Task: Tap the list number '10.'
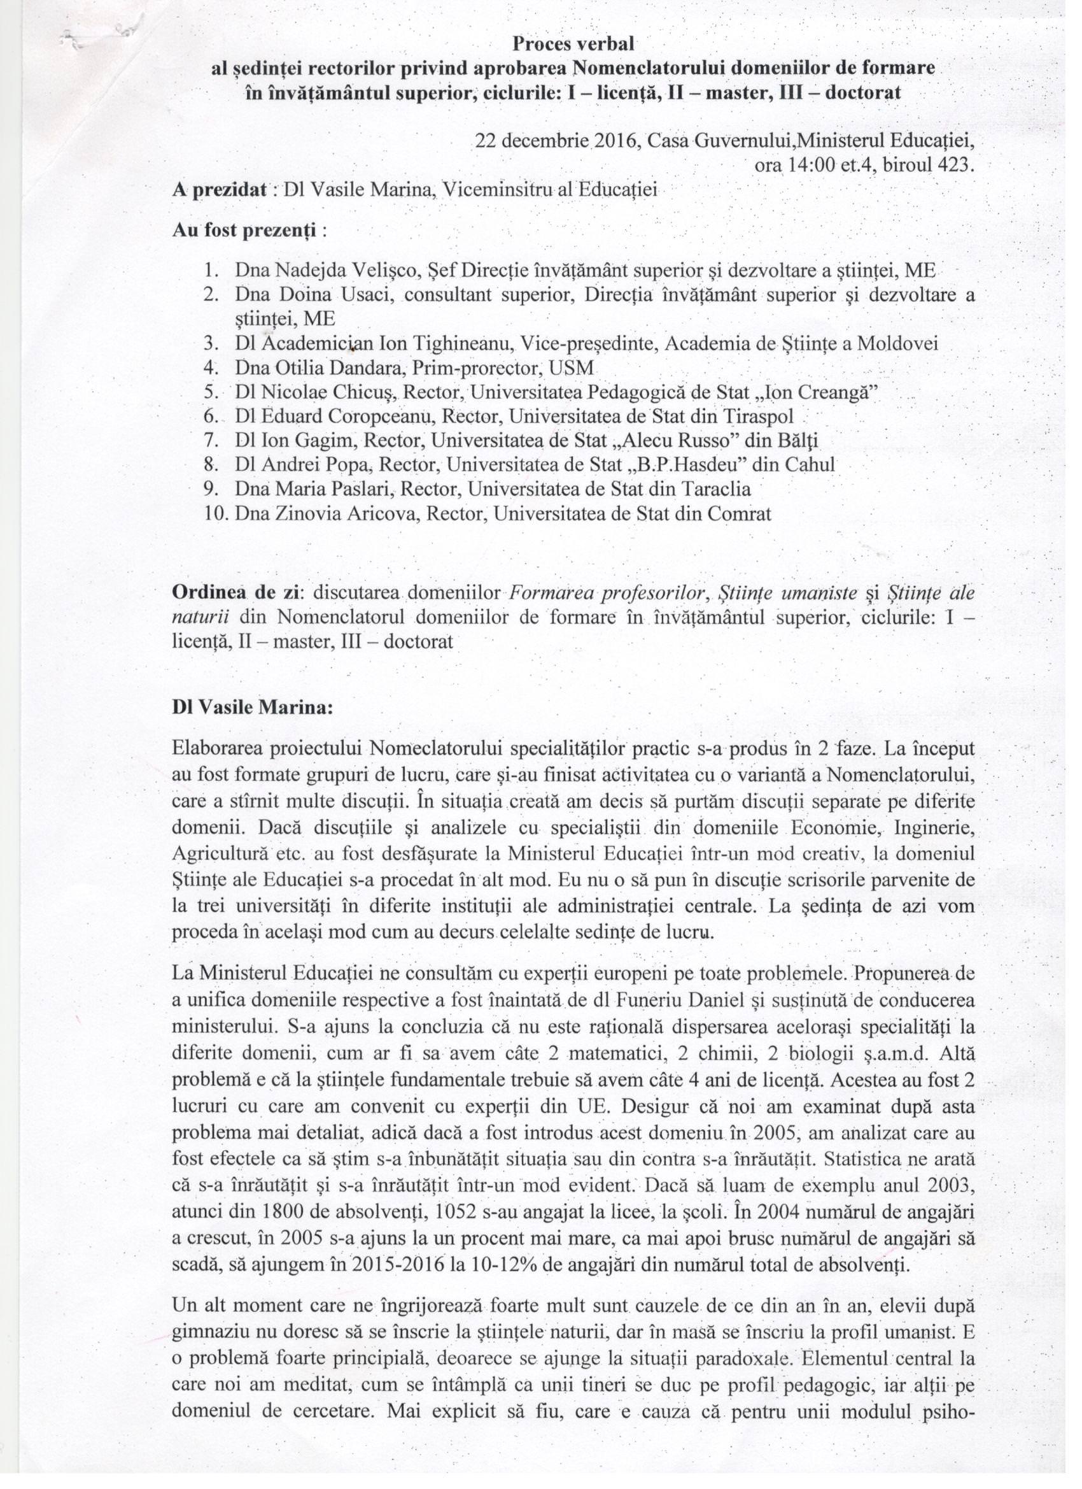tap(216, 513)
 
